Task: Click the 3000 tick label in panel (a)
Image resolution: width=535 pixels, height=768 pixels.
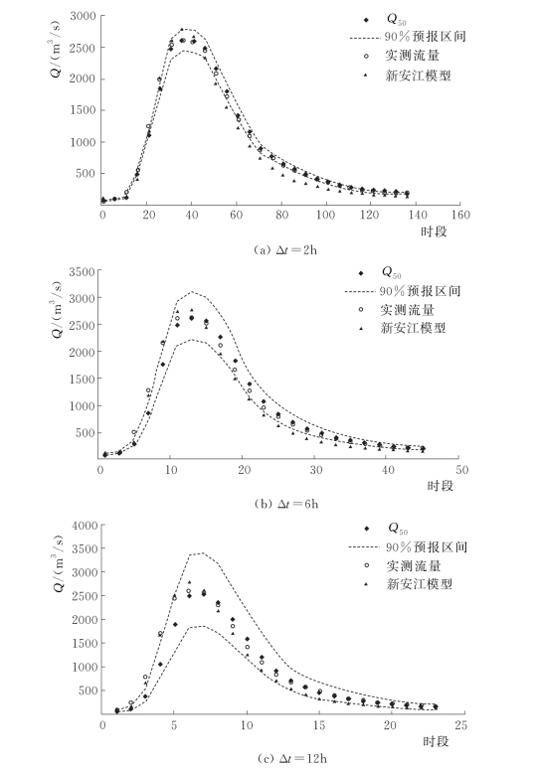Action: point(83,16)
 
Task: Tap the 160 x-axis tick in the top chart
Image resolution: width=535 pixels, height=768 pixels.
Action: point(460,215)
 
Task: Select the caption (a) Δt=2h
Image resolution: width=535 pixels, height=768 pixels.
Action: point(285,250)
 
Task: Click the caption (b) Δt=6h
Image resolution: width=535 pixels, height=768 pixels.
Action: point(286,504)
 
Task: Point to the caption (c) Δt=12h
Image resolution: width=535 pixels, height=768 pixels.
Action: point(291,759)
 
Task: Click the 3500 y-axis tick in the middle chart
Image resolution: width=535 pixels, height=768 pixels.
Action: point(82,272)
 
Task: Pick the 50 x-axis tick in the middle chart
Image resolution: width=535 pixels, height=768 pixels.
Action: point(462,470)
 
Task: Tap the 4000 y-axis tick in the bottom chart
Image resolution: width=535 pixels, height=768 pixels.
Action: point(85,526)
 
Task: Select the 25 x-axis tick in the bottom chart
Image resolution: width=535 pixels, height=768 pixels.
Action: point(460,725)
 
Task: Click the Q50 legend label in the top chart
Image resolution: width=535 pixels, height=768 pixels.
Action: point(396,20)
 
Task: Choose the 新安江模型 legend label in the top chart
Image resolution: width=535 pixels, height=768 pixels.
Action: point(418,76)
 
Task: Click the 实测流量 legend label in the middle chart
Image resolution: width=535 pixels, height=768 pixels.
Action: point(407,310)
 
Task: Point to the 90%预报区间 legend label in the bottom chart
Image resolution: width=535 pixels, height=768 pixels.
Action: point(427,547)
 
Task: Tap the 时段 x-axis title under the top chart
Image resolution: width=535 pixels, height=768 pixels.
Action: point(434,231)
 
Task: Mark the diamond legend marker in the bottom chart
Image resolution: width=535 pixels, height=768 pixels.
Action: point(366,529)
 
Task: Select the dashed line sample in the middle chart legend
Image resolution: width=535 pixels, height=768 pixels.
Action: point(360,292)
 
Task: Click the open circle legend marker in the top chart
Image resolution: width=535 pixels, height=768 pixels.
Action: point(366,57)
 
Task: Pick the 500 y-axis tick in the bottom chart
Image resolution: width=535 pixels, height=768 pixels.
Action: point(89,691)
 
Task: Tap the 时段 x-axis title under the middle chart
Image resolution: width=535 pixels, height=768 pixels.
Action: point(441,486)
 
